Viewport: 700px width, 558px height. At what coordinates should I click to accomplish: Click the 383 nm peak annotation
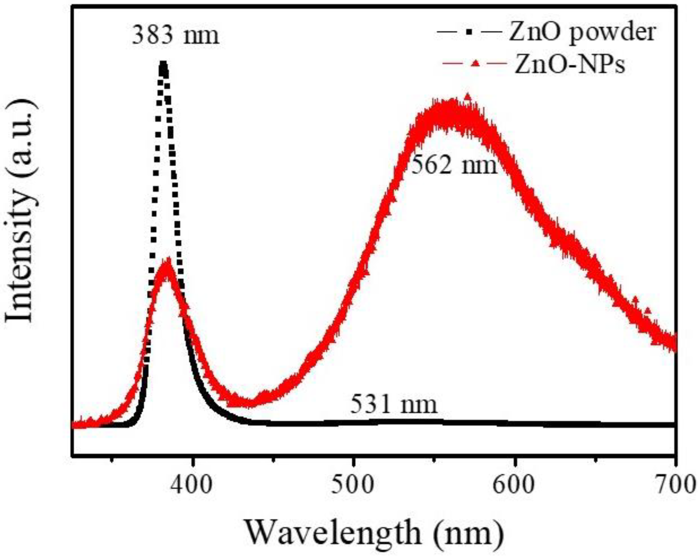click(x=175, y=36)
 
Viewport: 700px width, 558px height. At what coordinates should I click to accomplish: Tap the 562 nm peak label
click(x=454, y=165)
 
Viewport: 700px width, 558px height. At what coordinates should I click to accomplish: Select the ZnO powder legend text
click(x=582, y=33)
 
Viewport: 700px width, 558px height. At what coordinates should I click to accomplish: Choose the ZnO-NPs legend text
click(x=569, y=65)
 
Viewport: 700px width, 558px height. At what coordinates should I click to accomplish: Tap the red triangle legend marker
click(x=475, y=64)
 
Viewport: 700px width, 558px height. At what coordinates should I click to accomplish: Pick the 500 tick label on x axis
click(x=352, y=485)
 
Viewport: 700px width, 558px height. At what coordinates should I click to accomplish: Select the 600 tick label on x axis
click(x=514, y=485)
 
